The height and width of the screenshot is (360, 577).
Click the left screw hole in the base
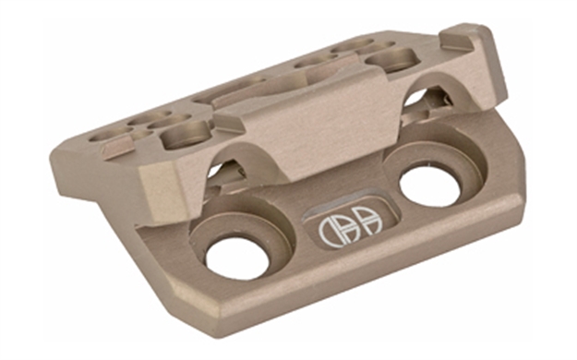click(x=237, y=258)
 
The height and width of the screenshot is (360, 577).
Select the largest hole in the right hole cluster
click(x=388, y=61)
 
